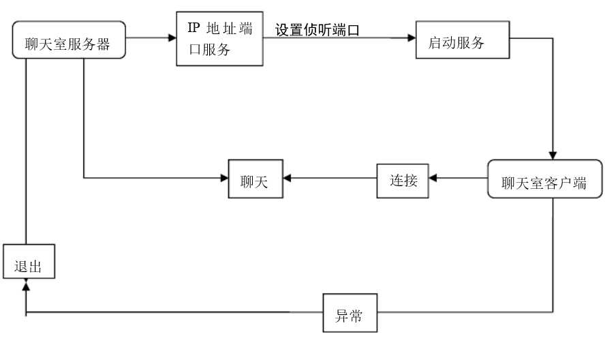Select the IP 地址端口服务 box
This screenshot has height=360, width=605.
point(219,38)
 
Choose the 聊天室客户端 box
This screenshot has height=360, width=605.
point(544,179)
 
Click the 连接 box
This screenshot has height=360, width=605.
point(403,179)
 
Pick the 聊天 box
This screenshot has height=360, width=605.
point(255,179)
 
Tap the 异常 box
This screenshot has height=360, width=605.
point(350,314)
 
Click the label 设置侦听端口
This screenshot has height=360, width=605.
point(317,30)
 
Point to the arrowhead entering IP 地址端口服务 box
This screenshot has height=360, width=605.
point(172,38)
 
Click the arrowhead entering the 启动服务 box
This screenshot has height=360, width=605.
point(412,38)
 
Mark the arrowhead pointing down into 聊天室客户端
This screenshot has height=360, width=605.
point(553,155)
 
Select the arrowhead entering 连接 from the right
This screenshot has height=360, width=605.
point(433,179)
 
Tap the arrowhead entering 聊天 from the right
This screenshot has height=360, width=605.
point(287,179)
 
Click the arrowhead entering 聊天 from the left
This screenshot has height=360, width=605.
point(223,179)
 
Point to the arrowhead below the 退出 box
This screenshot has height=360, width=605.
point(26,283)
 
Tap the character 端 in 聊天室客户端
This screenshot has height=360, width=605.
point(579,183)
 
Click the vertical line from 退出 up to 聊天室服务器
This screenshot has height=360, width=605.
point(26,150)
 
